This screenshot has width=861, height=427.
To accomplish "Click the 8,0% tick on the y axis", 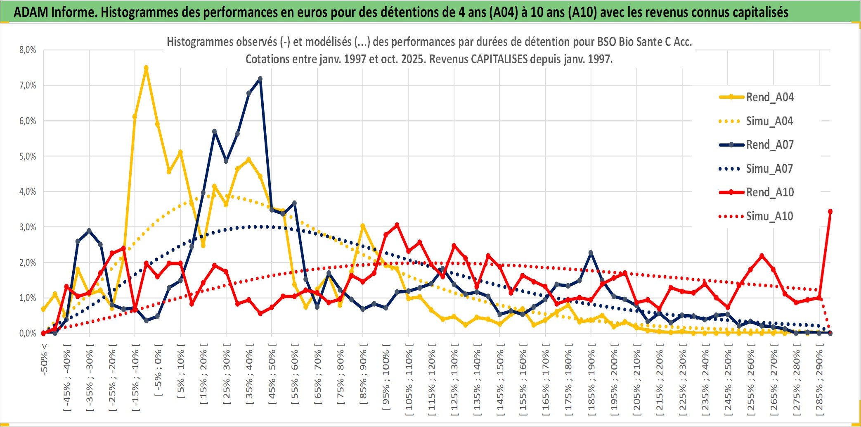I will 28,50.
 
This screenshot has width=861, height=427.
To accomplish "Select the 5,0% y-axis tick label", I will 28,156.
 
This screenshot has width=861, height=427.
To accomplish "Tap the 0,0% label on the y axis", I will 28,333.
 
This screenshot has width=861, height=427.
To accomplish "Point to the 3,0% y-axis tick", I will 28,227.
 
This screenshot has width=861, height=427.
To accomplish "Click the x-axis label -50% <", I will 44,359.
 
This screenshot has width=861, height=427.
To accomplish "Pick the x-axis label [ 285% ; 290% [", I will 819,382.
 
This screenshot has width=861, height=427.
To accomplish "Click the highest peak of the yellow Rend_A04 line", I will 146,68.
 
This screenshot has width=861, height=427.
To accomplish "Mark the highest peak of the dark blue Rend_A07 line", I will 260,79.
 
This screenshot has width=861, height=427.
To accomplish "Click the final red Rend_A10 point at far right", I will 830,212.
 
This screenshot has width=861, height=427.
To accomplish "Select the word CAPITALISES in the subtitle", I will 499,59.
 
